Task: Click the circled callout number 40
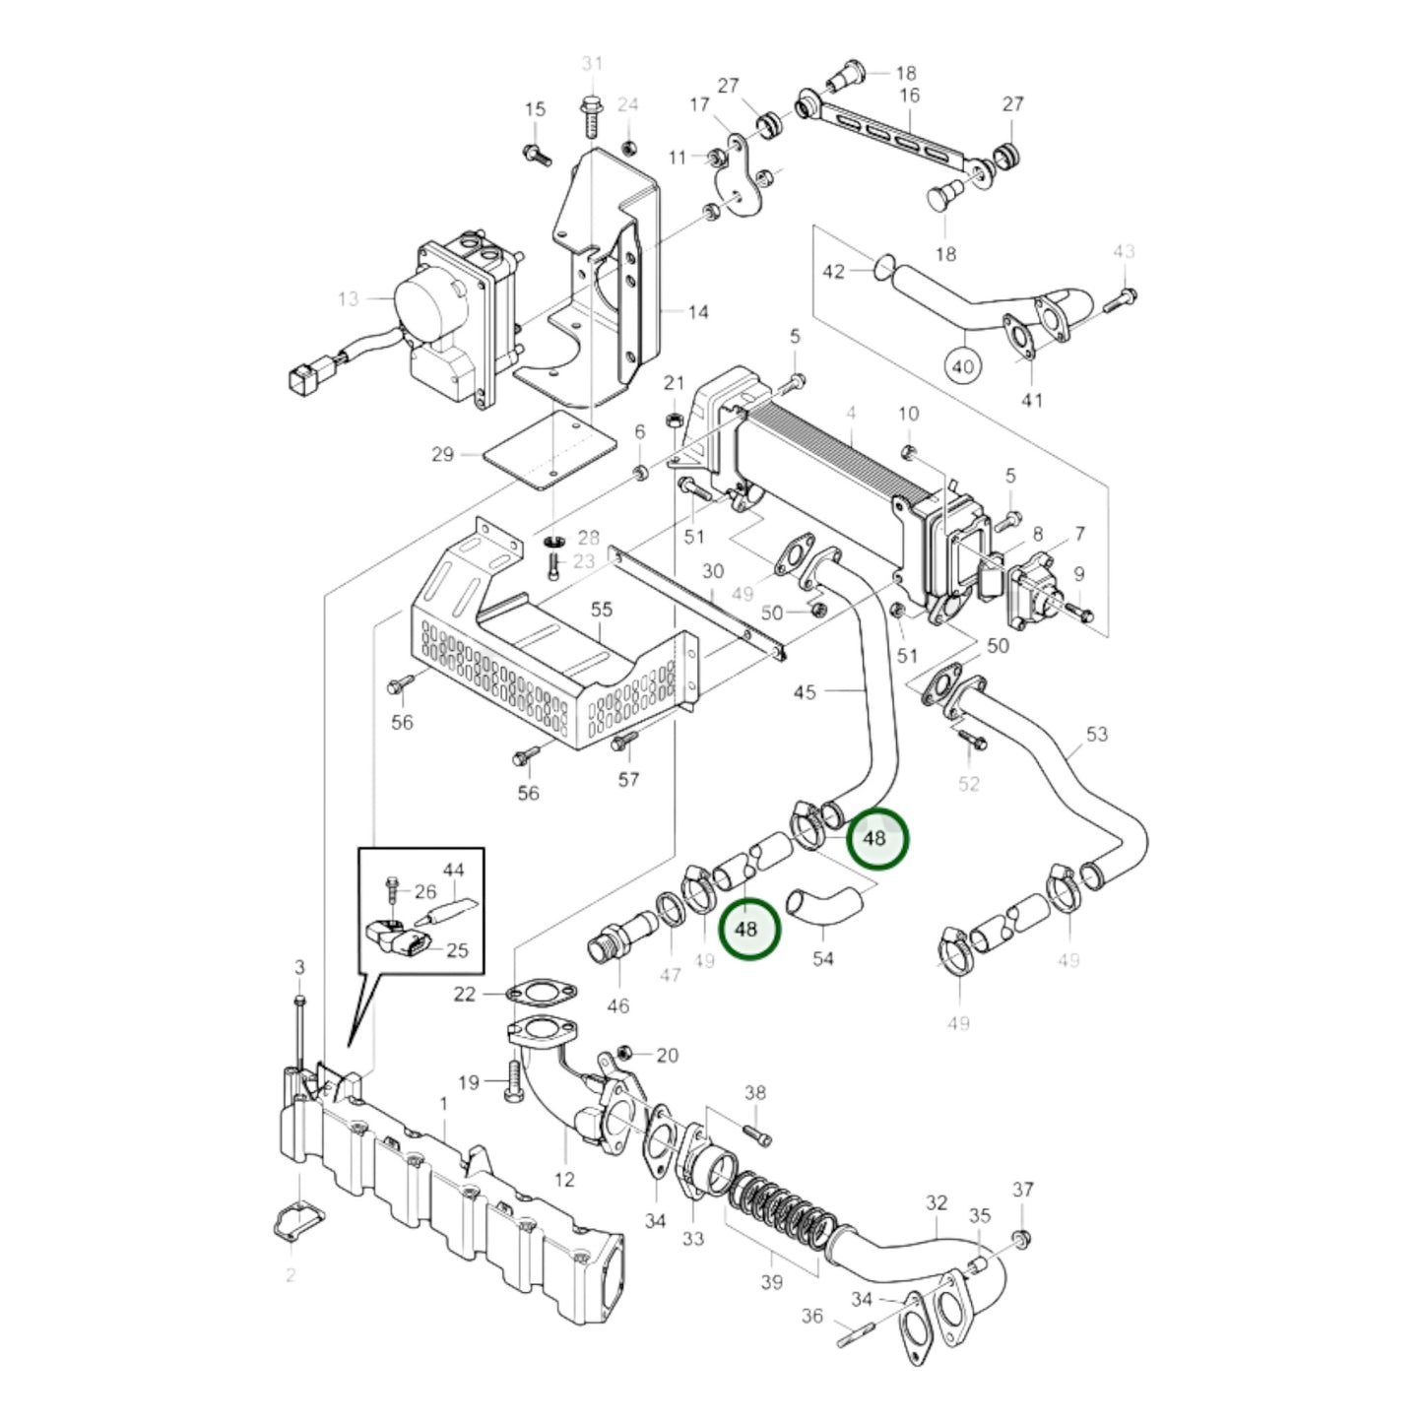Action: pos(962,366)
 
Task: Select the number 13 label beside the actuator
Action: pos(348,297)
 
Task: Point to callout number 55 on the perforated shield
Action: pos(602,609)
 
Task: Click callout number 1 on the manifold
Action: pos(443,1104)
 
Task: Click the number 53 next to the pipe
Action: pos(1096,734)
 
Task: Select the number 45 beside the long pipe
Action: pos(805,691)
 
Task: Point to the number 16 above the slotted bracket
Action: pos(909,96)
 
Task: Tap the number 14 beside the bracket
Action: pos(697,312)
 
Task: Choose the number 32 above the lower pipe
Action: pos(936,1202)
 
